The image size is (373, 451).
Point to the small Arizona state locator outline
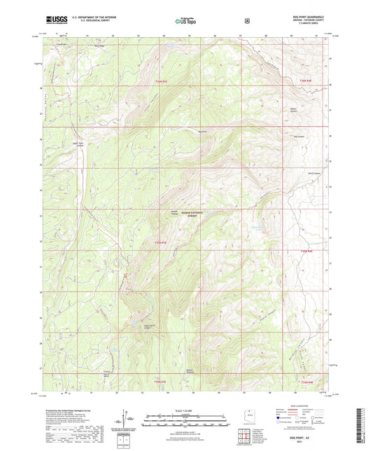tap(247, 414)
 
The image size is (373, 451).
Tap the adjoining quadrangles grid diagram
tap(246, 436)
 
